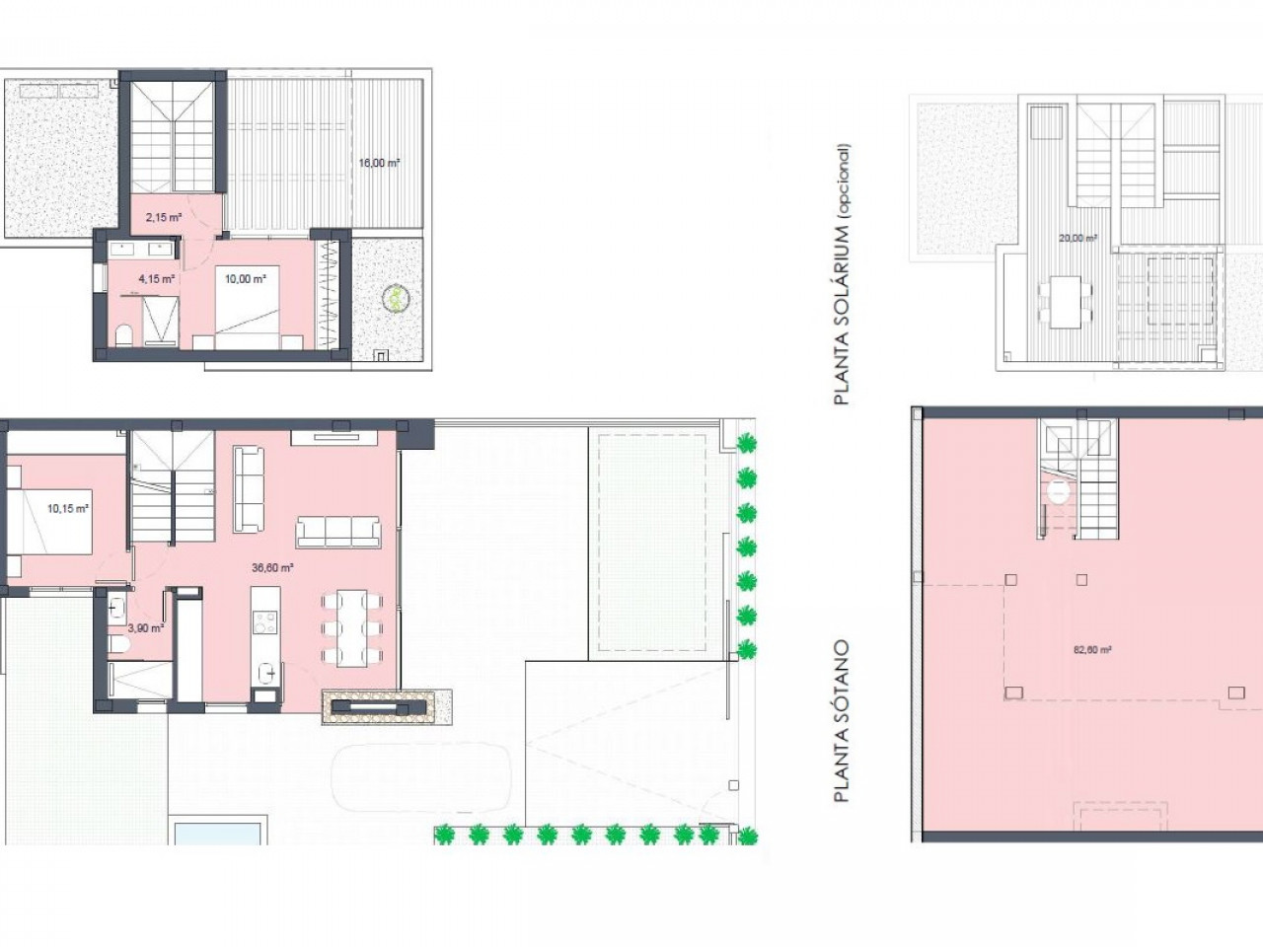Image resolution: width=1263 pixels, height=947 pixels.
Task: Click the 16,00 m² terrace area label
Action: [x=379, y=163]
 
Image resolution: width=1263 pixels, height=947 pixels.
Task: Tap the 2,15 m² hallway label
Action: [x=164, y=217]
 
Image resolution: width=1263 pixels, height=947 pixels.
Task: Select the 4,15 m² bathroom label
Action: [x=156, y=279]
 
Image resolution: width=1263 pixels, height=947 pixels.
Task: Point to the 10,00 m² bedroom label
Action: [x=245, y=279]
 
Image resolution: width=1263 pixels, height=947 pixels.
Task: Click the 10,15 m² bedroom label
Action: [x=68, y=508]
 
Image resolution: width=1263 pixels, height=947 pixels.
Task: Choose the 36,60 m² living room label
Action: [x=272, y=567]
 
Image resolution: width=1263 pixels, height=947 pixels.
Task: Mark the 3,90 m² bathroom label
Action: [x=146, y=628]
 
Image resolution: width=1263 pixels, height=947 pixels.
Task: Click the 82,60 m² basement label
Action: [x=1092, y=650]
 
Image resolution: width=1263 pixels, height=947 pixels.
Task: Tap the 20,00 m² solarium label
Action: [x=1077, y=237]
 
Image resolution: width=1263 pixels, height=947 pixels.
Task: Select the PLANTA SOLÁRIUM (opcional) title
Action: [x=842, y=274]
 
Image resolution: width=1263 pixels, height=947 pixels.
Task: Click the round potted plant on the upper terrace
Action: [x=396, y=299]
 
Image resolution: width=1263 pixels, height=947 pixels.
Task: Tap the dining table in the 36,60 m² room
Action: [x=351, y=628]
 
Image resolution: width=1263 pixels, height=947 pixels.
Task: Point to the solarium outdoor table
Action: [x=1065, y=302]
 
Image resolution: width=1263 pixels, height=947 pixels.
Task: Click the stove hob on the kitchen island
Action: [x=265, y=621]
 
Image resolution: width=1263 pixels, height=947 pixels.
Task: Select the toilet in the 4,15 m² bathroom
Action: [x=123, y=335]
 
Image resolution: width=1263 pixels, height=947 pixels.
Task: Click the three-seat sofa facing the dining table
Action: [x=338, y=532]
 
